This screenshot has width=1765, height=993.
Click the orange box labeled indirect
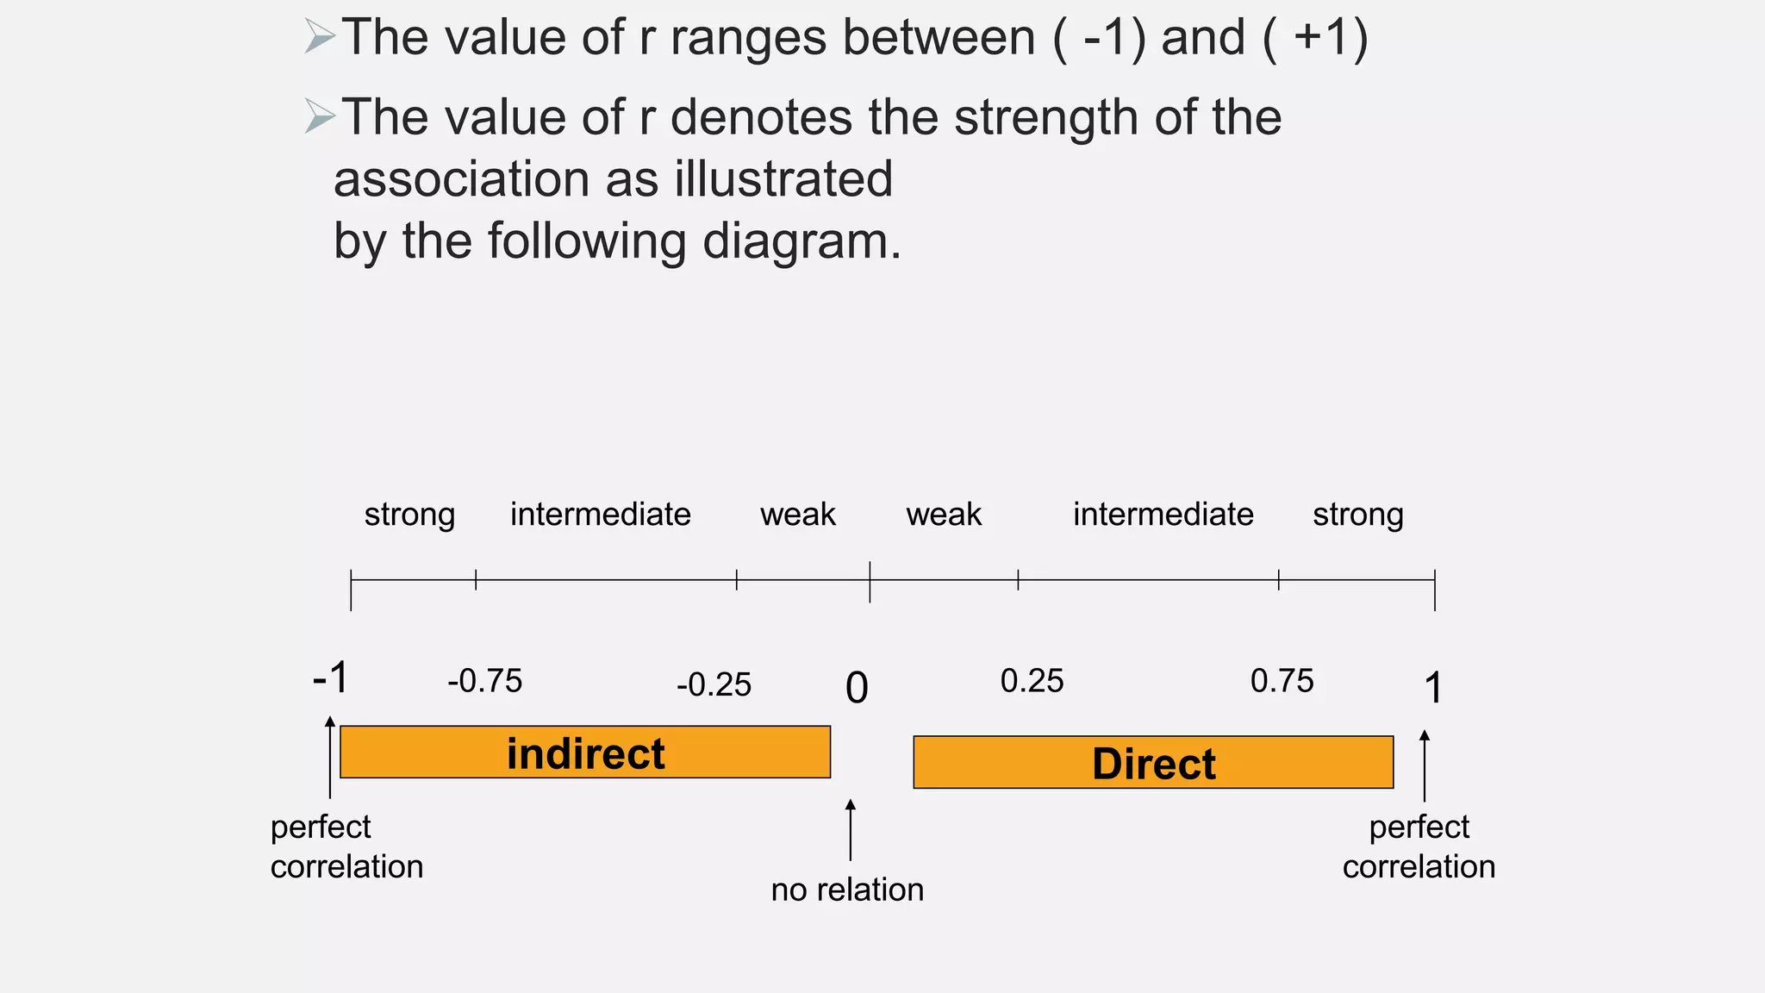click(585, 753)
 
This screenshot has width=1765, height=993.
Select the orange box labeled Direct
click(1153, 763)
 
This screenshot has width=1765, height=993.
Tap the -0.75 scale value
click(484, 681)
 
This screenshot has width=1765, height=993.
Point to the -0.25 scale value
click(714, 685)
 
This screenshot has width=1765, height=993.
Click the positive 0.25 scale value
click(1032, 681)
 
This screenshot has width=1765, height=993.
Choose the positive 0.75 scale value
click(1282, 681)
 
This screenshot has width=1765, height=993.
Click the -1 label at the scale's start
click(330, 678)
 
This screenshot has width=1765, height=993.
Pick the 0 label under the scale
click(857, 688)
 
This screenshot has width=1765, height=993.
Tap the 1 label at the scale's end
click(1432, 688)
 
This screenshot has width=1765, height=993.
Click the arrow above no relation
click(851, 829)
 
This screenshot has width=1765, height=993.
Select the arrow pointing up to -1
click(330, 757)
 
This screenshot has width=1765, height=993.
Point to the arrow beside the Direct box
click(1424, 765)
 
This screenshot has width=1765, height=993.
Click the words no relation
click(847, 890)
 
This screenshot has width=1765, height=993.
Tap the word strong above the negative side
click(409, 515)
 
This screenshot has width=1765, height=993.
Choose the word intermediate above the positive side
click(1163, 515)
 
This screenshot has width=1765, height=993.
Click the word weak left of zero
click(797, 515)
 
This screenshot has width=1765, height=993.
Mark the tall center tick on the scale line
click(870, 581)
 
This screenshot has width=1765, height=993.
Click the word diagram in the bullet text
click(801, 240)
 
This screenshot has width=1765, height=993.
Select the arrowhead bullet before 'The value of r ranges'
click(319, 37)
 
